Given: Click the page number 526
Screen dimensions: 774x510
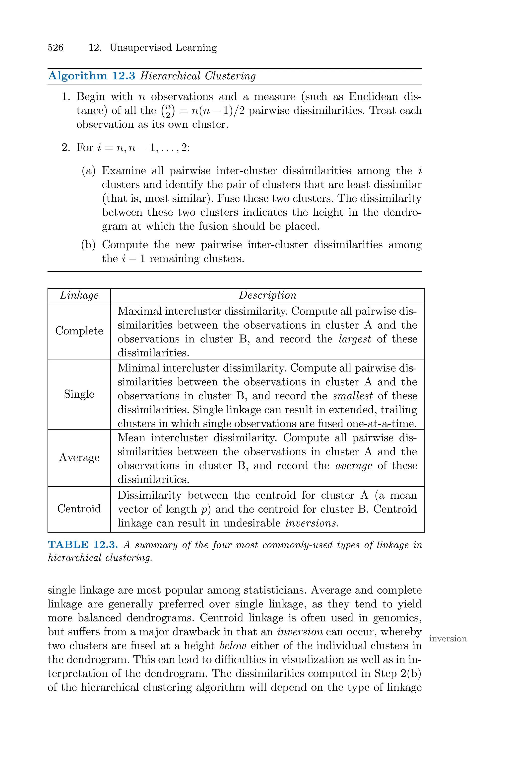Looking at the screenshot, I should click(55, 48).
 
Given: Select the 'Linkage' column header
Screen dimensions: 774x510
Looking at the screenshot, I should click(79, 295).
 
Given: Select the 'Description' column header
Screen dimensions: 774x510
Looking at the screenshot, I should click(267, 295).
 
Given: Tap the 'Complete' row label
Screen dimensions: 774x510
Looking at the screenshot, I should click(79, 331).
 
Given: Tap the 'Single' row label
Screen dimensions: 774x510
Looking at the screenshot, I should click(79, 394).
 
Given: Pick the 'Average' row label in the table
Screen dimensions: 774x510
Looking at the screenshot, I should click(79, 457).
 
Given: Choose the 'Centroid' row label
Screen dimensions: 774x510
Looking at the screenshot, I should click(79, 509).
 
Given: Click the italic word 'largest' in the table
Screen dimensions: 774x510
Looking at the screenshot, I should click(355, 339).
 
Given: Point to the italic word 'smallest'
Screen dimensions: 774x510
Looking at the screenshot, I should click(353, 396).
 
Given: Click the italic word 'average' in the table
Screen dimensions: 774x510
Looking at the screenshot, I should click(354, 466).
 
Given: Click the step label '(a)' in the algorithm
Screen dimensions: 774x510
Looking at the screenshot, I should click(88, 171).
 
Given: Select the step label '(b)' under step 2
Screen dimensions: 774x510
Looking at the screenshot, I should click(88, 245).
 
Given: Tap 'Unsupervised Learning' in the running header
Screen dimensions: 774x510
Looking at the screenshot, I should click(163, 48).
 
